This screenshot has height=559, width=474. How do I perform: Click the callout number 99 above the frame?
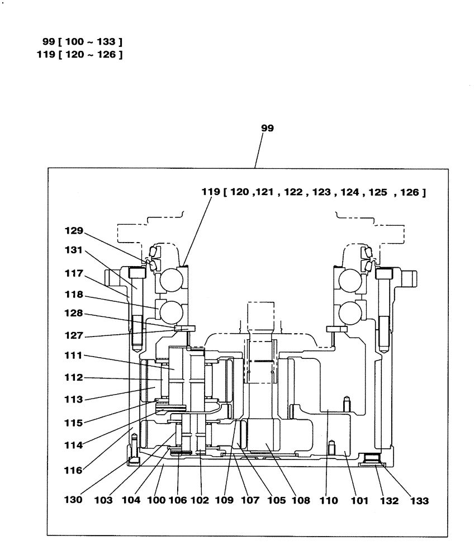(x=268, y=128)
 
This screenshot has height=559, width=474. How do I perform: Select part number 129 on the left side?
(x=73, y=230)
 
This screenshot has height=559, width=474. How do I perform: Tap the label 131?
(x=73, y=252)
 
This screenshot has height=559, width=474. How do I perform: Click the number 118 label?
(x=73, y=294)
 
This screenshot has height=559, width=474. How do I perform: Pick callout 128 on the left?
(x=73, y=315)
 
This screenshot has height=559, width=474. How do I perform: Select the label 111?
(x=73, y=356)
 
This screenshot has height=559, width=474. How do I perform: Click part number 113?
(x=73, y=400)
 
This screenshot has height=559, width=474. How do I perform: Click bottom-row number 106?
(x=178, y=501)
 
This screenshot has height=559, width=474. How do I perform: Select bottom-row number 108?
(x=300, y=501)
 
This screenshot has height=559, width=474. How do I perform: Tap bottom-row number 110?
(x=329, y=501)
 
